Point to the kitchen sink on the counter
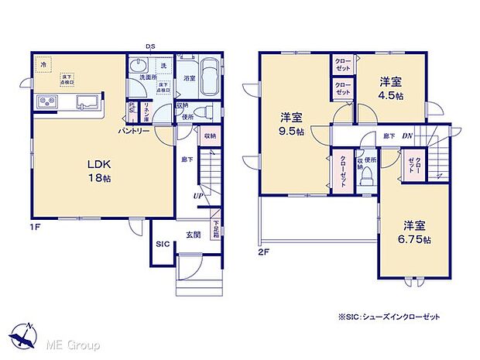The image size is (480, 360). [x=84, y=101]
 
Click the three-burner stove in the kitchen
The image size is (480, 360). [x=44, y=101]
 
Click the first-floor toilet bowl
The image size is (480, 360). [x=203, y=112]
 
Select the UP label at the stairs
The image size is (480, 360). [x=198, y=196]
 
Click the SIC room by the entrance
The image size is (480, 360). [x=162, y=245]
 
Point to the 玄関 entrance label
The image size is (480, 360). [x=194, y=233]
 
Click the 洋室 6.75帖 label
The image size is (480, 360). [x=413, y=232]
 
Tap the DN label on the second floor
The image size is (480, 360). [x=406, y=136]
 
